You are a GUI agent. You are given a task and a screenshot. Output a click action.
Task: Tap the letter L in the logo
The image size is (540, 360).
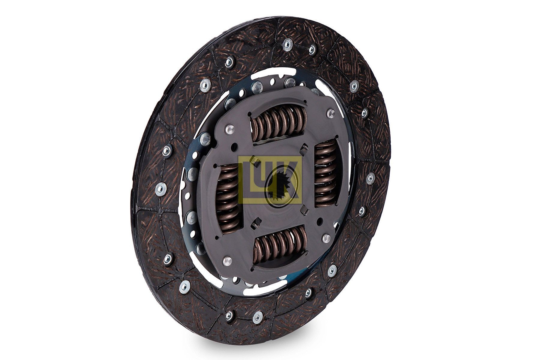pos(251,180)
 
